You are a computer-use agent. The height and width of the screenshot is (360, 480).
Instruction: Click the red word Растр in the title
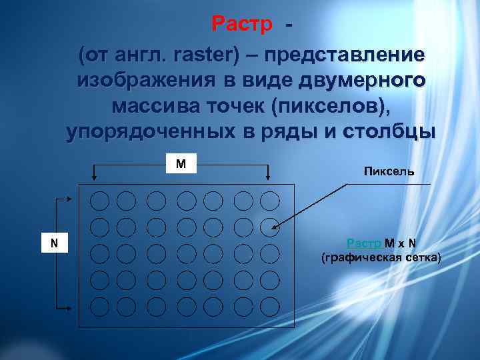[x=242, y=25]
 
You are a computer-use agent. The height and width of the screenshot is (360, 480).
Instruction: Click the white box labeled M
[x=181, y=163]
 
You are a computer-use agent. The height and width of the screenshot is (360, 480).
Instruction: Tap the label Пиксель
[x=389, y=171]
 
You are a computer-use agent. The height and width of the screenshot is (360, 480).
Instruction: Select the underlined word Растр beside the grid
[x=365, y=243]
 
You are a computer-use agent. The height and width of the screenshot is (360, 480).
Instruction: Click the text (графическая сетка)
[x=381, y=257]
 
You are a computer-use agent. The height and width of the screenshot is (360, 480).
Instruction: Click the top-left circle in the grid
[x=99, y=201]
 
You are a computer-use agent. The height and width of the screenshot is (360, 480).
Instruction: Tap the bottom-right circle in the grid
[x=269, y=306]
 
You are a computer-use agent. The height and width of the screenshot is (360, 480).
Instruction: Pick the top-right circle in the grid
[x=269, y=201]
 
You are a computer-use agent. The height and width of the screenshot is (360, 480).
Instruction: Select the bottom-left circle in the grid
[x=99, y=306]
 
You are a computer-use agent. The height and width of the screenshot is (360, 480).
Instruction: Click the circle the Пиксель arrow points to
[x=269, y=227]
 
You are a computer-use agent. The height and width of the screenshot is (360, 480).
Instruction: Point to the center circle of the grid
[x=186, y=253]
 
